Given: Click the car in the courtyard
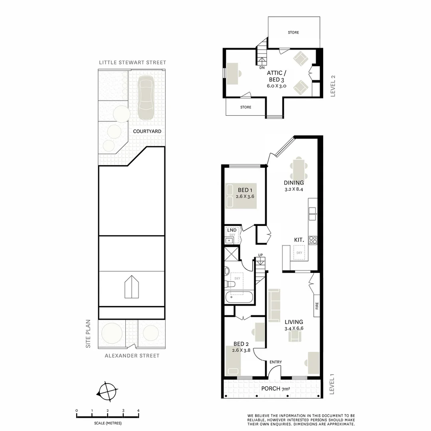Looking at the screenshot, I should [x=146, y=97].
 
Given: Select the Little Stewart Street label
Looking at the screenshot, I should [x=132, y=63].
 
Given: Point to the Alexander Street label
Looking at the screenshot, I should [x=132, y=356].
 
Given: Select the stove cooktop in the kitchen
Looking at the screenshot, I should [x=313, y=240].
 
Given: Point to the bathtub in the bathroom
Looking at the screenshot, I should [x=239, y=297].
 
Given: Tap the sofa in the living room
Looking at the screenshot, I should [x=274, y=306].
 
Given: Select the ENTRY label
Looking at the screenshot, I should [x=275, y=362].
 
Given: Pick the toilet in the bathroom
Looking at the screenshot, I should [x=230, y=284].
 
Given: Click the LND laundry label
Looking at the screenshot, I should [x=231, y=230].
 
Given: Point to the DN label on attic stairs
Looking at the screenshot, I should [x=262, y=68].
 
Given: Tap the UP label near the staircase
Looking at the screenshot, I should [x=261, y=255].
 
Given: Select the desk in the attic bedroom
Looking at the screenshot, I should [x=232, y=73].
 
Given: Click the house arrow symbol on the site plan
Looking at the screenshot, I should [x=131, y=287].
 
